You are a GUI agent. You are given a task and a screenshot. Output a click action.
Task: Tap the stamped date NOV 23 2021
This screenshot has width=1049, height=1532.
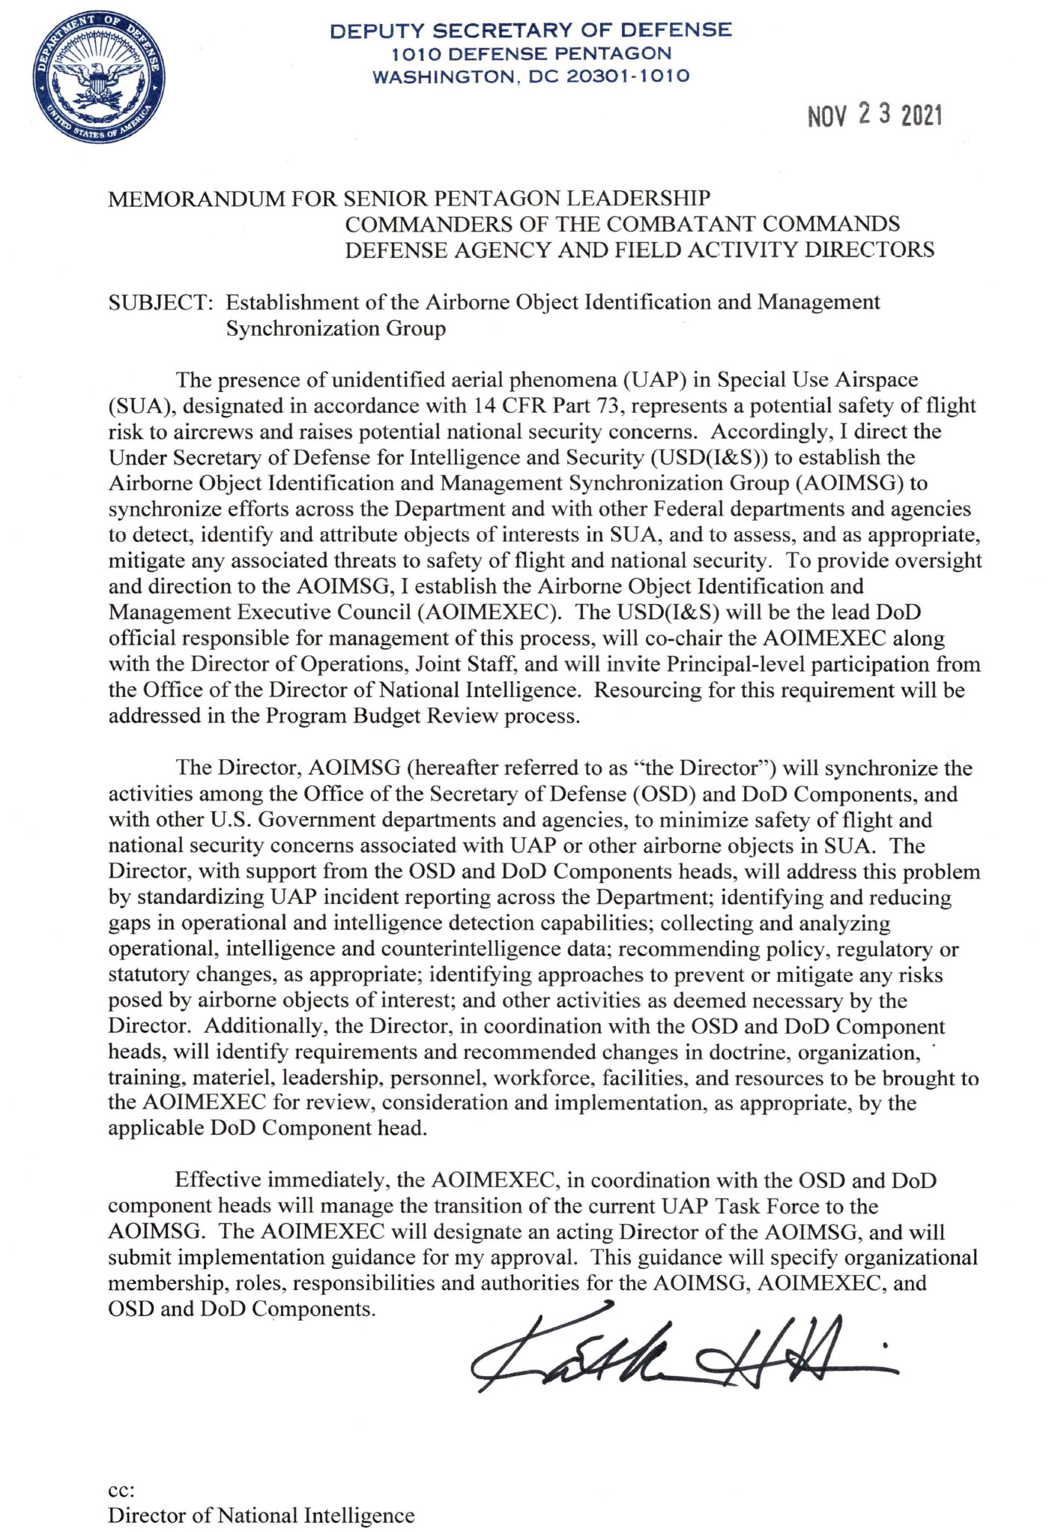tap(874, 116)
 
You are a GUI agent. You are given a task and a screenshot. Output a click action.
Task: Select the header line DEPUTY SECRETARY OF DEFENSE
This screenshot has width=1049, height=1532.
tap(530, 31)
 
